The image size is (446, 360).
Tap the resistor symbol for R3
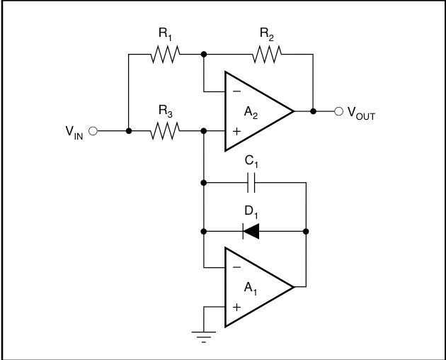pos(165,131)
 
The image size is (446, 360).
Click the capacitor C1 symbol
pos(251,185)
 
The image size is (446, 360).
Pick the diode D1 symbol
pos(251,231)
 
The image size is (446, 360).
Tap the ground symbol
pos(204,334)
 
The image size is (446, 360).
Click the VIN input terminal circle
pos(93,131)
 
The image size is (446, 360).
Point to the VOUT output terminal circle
pos(338,111)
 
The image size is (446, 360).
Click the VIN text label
pos(74,132)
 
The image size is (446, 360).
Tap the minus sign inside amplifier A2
pos(235,91)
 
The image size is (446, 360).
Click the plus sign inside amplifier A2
pos(235,131)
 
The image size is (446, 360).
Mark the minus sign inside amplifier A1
pos(235,267)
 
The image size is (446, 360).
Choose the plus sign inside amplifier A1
pos(235,307)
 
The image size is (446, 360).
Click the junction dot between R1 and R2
pos(204,54)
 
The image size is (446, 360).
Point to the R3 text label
pos(165,111)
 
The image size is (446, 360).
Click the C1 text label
pos(251,162)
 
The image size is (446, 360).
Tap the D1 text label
pos(251,210)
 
